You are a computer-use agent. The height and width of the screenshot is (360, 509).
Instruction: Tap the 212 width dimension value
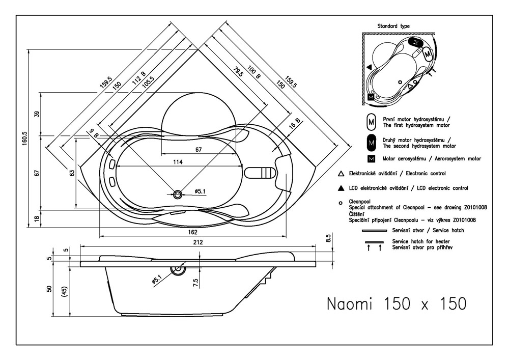(197, 243)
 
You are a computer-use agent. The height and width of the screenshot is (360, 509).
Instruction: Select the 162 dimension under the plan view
(192, 232)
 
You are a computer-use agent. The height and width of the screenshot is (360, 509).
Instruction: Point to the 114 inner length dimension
(177, 162)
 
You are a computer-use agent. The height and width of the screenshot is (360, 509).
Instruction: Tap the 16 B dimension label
(295, 124)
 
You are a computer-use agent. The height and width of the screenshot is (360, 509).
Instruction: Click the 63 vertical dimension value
(72, 173)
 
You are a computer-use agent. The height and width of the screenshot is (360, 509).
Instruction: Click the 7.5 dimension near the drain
(195, 282)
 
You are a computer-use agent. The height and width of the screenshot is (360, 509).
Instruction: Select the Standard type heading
(393, 26)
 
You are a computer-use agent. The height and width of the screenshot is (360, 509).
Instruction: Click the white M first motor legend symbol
(371, 122)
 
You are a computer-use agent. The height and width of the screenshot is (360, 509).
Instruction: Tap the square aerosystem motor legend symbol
(371, 159)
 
